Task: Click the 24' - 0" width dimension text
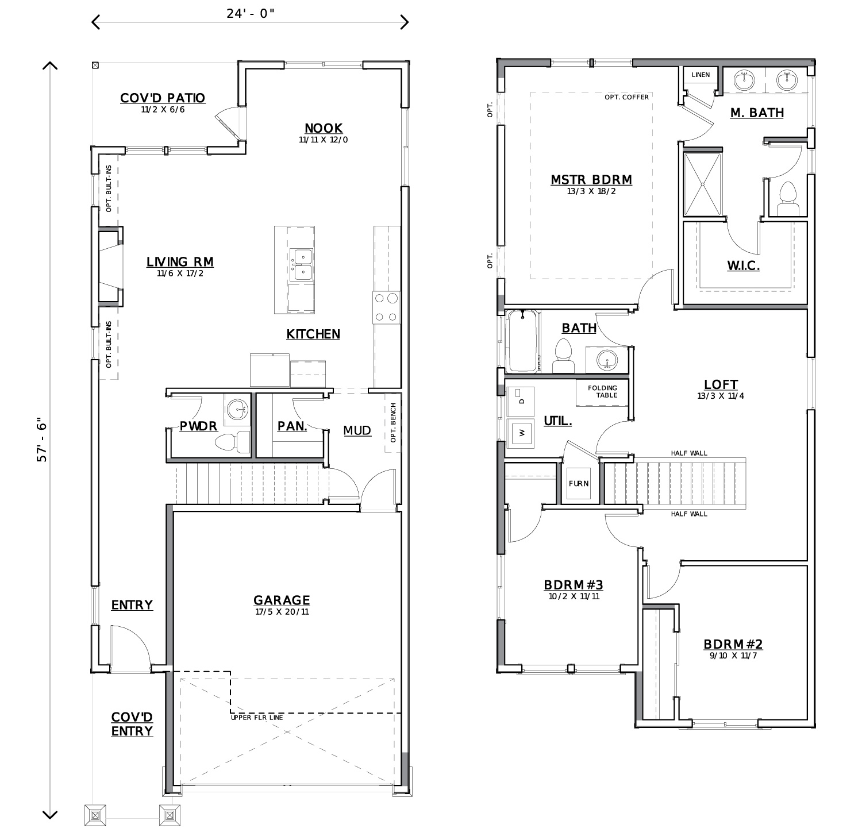[x=251, y=14]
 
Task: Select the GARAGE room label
[x=282, y=600]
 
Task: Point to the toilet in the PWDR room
[x=233, y=442]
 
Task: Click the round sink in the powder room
[x=237, y=410]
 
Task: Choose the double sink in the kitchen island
[x=301, y=264]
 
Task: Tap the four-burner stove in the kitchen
[x=386, y=307]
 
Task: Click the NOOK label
[x=324, y=128]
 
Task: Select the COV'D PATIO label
[x=163, y=98]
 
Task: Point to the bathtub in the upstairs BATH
[x=522, y=341]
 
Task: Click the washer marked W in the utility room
[x=522, y=433]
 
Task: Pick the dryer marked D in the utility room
[x=522, y=400]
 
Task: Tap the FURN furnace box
[x=579, y=484]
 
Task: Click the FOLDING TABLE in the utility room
[x=602, y=392]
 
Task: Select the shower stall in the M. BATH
[x=702, y=184]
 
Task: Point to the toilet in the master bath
[x=788, y=199]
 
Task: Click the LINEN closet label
[x=701, y=75]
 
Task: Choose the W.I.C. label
[x=744, y=266]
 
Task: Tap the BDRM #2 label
[x=733, y=645]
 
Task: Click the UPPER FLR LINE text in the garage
[x=257, y=718]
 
